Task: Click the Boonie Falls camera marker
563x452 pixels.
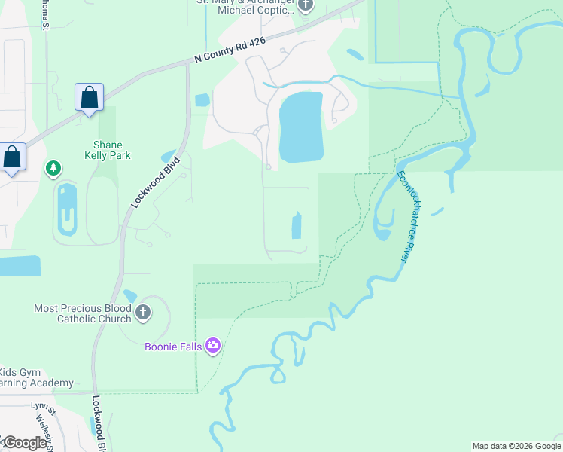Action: tap(213, 346)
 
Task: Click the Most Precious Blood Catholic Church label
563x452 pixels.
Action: tap(83, 313)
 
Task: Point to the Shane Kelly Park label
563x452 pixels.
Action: tap(107, 150)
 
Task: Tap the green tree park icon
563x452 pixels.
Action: tap(53, 167)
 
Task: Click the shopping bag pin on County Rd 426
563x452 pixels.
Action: tap(90, 98)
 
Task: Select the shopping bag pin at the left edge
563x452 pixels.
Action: tap(11, 157)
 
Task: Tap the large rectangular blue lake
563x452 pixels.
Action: tap(301, 127)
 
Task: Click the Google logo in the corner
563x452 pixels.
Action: tap(24, 442)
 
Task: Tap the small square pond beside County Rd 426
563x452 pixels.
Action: tap(202, 99)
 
